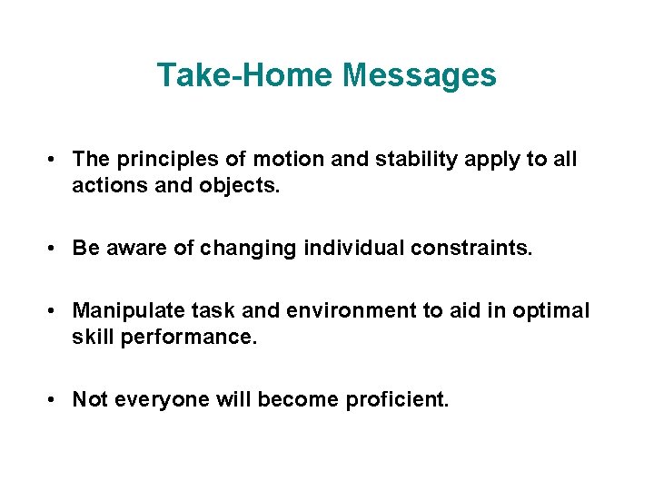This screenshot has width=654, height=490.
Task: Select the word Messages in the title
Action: pos(421,75)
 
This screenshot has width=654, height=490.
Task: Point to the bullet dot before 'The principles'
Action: pos(55,161)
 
